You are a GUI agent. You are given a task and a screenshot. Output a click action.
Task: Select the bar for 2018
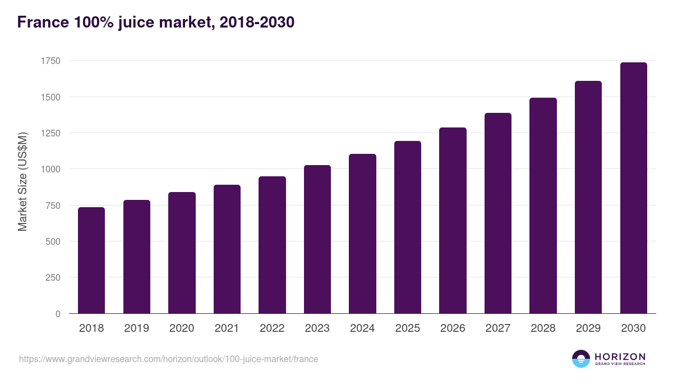pos(91,261)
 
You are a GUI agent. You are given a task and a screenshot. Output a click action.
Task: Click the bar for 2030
pos(634,188)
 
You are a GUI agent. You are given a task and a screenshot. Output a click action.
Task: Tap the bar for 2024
pos(362,234)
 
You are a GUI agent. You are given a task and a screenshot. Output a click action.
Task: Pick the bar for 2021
pos(227,249)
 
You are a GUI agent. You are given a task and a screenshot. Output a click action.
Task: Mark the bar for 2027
pos(498,213)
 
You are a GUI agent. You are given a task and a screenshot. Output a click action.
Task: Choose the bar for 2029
pos(588,197)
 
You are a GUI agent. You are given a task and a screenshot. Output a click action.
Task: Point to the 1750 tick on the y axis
pos(50,61)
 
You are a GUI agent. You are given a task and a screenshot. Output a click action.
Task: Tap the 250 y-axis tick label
pos(53,277)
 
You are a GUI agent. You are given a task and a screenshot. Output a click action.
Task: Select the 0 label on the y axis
pos(57,314)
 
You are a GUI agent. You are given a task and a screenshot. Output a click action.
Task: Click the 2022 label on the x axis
pos(272,328)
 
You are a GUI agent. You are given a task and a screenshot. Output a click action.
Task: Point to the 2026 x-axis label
pos(453,328)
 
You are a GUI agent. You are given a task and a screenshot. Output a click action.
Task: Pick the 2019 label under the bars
pos(136,328)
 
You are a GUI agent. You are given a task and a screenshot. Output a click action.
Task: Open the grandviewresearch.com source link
pos(168,359)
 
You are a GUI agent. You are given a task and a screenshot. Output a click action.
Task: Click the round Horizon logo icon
pos(581,359)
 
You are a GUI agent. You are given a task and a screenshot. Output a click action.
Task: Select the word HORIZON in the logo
pos(620,356)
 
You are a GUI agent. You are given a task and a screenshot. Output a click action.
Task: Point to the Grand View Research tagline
pos(620,364)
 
